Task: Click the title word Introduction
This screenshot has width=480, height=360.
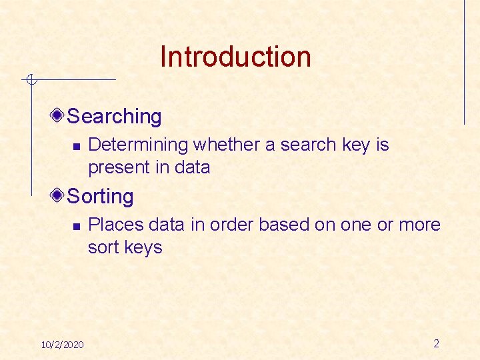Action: pyautogui.click(x=235, y=57)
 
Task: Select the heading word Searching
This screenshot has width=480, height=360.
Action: pyautogui.click(x=115, y=117)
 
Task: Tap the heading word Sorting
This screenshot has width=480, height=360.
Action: pyautogui.click(x=101, y=197)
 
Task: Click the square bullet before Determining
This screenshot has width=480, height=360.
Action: pyautogui.click(x=76, y=146)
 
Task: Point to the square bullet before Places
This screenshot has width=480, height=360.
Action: pyautogui.click(x=76, y=226)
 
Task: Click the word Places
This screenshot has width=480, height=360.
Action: pyautogui.click(x=113, y=225)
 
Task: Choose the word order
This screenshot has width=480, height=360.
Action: pyautogui.click(x=231, y=225)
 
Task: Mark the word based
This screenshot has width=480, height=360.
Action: pyautogui.click(x=284, y=225)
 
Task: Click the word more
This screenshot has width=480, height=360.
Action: pyautogui.click(x=420, y=225)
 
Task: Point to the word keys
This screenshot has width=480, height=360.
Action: pyautogui.click(x=143, y=247)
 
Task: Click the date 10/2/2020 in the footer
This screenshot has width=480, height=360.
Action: pyautogui.click(x=62, y=345)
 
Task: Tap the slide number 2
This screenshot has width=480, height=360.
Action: pyautogui.click(x=436, y=344)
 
